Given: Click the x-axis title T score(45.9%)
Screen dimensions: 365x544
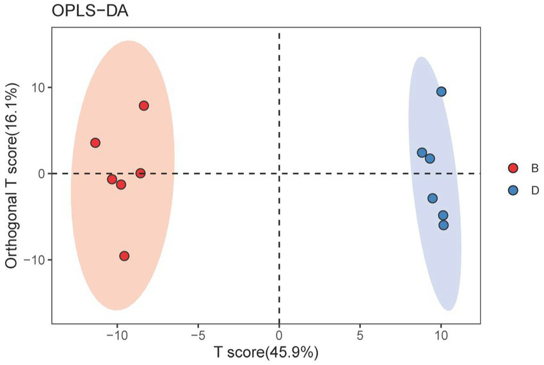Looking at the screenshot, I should coord(266,352).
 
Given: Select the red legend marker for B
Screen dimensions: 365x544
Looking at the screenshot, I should coord(513,168).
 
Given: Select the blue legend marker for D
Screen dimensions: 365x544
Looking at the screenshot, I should coord(513,190).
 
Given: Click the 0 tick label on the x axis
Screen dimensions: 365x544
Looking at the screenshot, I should coord(279,335).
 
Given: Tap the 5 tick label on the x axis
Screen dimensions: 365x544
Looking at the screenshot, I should coord(360,335).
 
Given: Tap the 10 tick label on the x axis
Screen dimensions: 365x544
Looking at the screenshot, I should coord(441,335).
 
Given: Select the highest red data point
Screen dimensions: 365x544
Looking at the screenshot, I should coord(144,106).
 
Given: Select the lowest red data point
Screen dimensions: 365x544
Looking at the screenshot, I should coord(124,256).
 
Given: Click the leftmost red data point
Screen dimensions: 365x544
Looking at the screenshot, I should coord(95,143).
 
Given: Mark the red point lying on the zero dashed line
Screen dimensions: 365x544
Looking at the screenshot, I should coord(140,173).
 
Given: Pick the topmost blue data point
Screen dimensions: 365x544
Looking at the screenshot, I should coord(441,92).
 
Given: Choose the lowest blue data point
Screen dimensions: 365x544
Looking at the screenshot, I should coord(444,225).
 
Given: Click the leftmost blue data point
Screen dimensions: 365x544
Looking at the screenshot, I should coord(422,152).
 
